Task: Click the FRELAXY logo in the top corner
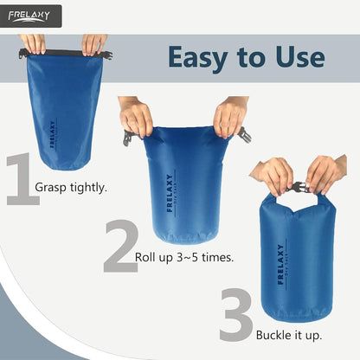pos(30,16)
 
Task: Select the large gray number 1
pos(21,180)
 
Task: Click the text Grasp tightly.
pos(71,187)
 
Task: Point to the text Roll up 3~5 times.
pos(184,258)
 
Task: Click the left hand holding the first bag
pos(34,43)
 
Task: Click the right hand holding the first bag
pos(93,43)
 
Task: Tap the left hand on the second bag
pos(136,117)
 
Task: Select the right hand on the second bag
pos(230,116)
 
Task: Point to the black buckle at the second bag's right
pos(245,134)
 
